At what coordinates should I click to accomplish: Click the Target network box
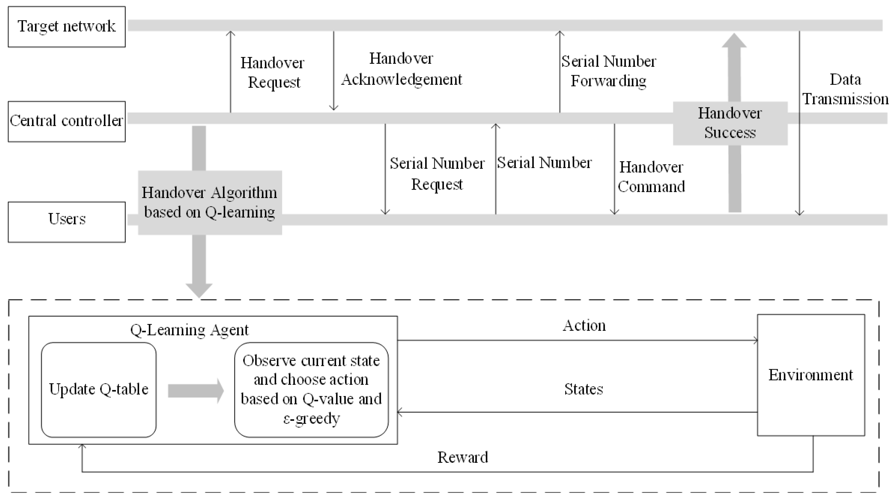pyautogui.click(x=67, y=27)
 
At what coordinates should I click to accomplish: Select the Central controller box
pyautogui.click(x=67, y=121)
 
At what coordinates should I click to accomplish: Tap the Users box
pyautogui.click(x=67, y=222)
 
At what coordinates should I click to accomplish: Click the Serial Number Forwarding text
pyautogui.click(x=609, y=71)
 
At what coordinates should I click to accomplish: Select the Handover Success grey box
pyautogui.click(x=730, y=123)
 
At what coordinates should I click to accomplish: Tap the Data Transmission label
pyautogui.click(x=845, y=89)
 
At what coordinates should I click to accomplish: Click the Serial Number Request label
pyautogui.click(x=437, y=174)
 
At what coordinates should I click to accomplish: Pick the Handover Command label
pyautogui.click(x=651, y=177)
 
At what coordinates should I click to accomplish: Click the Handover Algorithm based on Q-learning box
pyautogui.click(x=210, y=202)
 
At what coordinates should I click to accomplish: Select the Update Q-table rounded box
pyautogui.click(x=98, y=390)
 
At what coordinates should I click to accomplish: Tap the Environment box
pyautogui.click(x=810, y=375)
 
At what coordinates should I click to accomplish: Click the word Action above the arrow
pyautogui.click(x=584, y=326)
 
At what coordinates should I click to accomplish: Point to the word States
pyautogui.click(x=584, y=389)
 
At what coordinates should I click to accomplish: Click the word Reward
pyautogui.click(x=462, y=458)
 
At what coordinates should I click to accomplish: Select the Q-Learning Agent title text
pyautogui.click(x=189, y=330)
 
